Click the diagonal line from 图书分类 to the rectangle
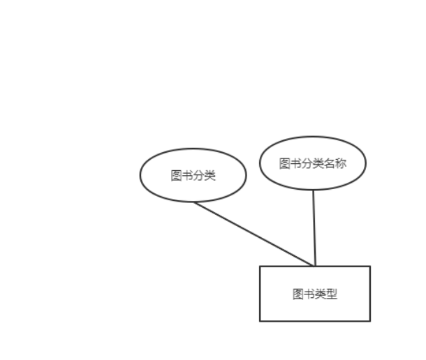coord(253,234)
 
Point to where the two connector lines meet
coord(314,266)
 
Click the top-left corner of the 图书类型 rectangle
coord(260,267)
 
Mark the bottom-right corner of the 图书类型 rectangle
coord(369,321)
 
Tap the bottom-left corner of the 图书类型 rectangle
coord(260,321)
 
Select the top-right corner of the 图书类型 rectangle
coord(369,267)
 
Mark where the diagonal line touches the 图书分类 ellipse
coord(195,202)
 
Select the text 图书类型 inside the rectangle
coord(314,294)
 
